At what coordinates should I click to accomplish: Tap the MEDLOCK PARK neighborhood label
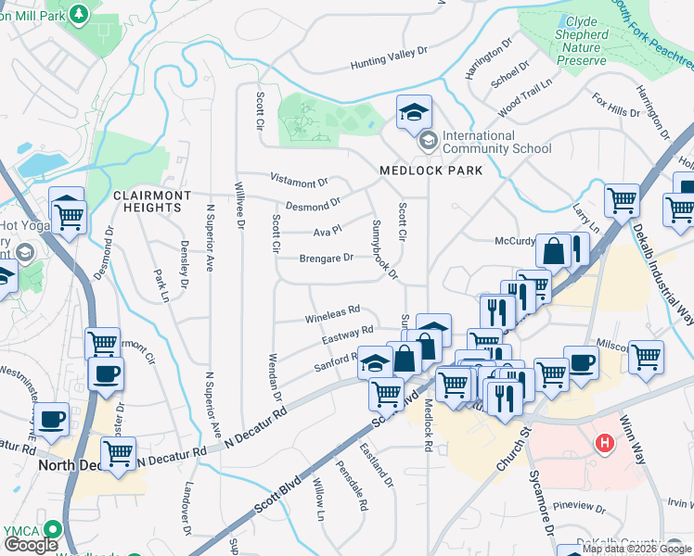click(431, 171)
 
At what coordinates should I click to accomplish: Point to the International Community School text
click(496, 142)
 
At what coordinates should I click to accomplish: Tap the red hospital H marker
click(605, 445)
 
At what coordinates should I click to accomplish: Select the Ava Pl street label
click(328, 229)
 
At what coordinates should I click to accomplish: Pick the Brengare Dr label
click(326, 259)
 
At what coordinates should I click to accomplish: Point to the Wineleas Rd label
click(331, 318)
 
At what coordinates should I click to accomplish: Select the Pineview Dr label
click(579, 508)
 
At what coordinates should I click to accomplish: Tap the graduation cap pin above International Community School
click(414, 114)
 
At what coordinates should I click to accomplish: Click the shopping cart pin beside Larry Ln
click(621, 199)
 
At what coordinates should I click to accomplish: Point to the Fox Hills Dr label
click(616, 110)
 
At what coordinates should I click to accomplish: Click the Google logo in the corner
click(31, 545)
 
